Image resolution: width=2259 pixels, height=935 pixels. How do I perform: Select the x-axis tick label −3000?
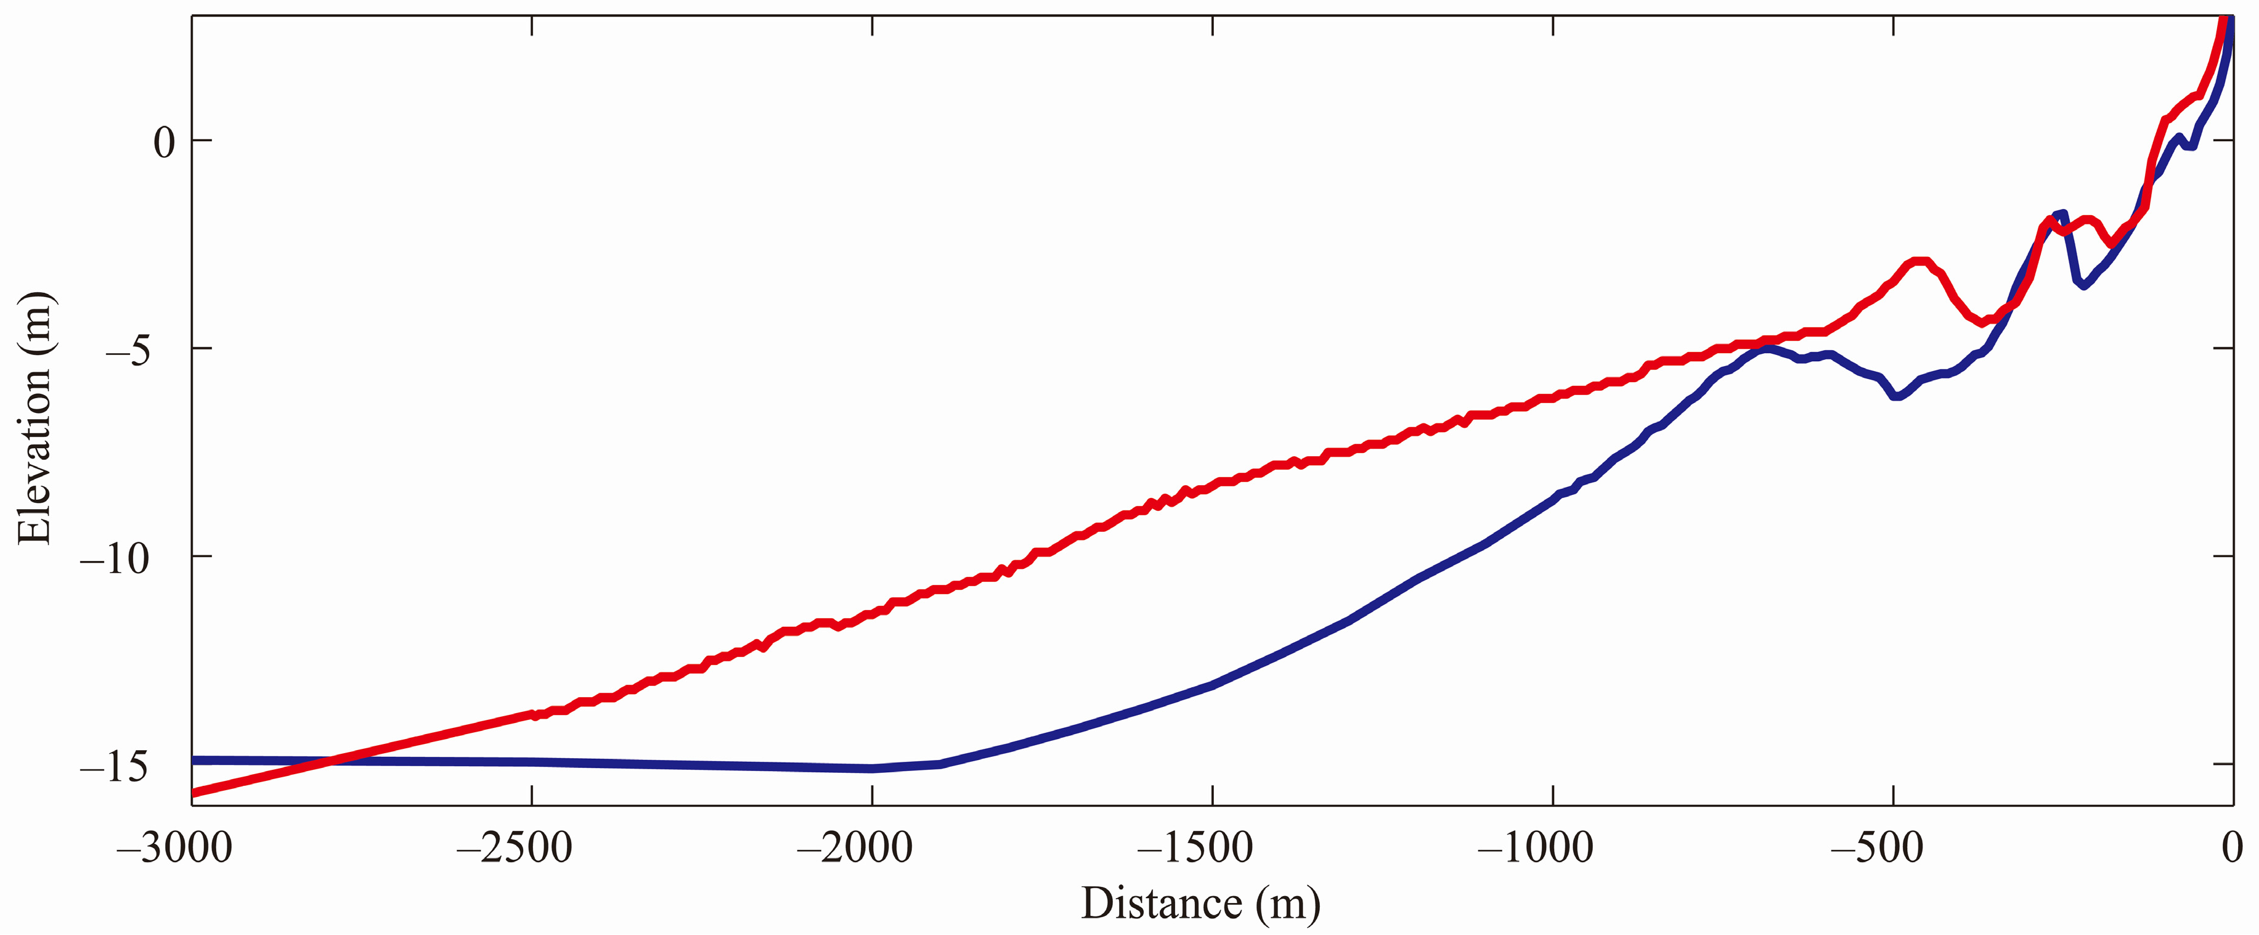click(x=174, y=848)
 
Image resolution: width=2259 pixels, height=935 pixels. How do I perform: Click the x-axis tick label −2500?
click(x=515, y=848)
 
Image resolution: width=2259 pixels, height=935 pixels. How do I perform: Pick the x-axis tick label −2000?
click(x=855, y=848)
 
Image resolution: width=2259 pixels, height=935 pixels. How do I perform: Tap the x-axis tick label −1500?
click(x=1195, y=848)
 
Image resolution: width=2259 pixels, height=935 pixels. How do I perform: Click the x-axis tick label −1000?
click(x=1536, y=848)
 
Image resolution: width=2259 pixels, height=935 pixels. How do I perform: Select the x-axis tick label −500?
click(x=1877, y=848)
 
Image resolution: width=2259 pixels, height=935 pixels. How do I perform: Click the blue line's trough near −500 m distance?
click(x=1896, y=396)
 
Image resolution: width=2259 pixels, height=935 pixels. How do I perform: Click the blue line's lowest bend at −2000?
click(x=872, y=769)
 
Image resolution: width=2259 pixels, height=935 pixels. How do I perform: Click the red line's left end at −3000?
click(x=194, y=793)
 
